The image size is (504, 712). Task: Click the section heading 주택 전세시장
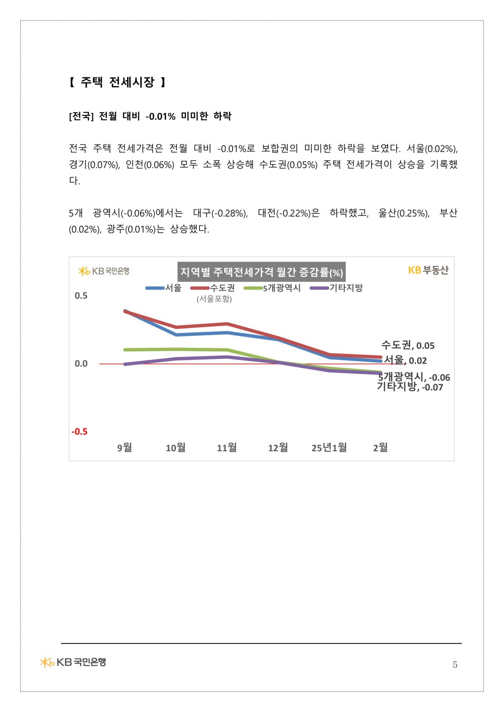(117, 82)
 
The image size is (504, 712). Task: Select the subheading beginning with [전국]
(150, 116)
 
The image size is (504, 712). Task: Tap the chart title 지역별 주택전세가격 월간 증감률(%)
(261, 272)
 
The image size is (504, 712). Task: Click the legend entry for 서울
(163, 288)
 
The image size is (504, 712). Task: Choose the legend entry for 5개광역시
(272, 288)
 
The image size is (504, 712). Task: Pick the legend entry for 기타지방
(336, 288)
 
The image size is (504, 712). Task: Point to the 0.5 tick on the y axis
(81, 296)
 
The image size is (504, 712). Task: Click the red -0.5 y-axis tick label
(79, 432)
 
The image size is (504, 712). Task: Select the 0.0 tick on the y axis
(81, 364)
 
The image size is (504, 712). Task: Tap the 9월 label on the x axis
(124, 448)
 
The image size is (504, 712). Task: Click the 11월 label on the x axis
(227, 448)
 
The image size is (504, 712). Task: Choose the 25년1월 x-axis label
(329, 448)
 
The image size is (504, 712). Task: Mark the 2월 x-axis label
(380, 448)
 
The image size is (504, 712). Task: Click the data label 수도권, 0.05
(408, 345)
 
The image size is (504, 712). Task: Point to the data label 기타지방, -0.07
(410, 387)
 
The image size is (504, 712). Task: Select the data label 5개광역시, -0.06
(414, 377)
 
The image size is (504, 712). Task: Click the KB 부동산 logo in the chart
(428, 270)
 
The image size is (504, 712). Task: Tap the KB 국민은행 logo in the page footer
(73, 662)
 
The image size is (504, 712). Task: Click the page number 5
(455, 665)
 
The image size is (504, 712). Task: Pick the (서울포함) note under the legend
(214, 299)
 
